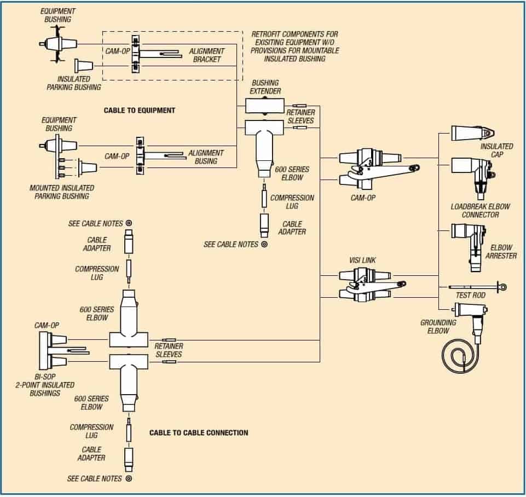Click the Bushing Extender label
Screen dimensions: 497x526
pos(265,87)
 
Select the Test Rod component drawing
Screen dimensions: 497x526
pos(476,287)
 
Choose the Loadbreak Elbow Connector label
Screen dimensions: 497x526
pos(480,211)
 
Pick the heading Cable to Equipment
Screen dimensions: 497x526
pos(140,111)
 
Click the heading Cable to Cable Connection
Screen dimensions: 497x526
pos(199,433)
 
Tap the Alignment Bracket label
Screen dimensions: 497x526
pos(206,55)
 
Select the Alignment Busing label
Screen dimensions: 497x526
pos(206,157)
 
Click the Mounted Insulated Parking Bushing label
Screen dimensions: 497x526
pos(61,192)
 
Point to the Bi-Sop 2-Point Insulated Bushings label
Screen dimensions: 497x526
pos(45,385)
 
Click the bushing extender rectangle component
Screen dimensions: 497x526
pos(263,106)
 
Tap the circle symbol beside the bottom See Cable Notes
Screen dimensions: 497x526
pos(129,478)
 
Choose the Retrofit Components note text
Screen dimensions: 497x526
pos(295,47)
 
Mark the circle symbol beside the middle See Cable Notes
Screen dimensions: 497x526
pos(264,244)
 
